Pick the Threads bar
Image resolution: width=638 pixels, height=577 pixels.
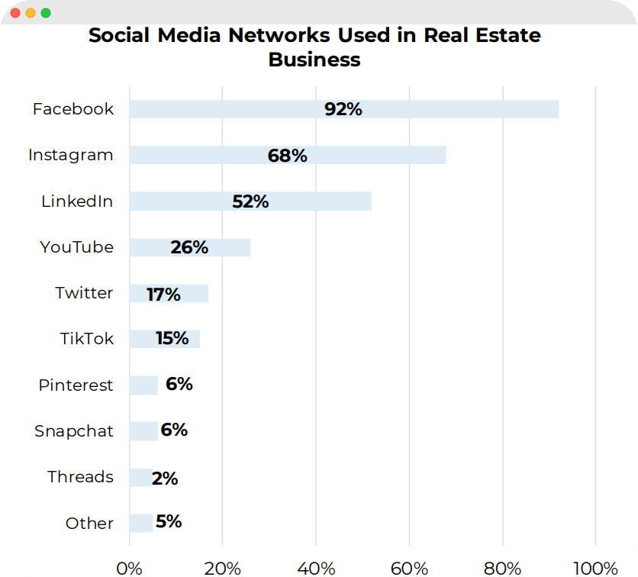(140, 478)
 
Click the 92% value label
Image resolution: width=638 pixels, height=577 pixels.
(343, 109)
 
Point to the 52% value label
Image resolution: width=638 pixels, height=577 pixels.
(250, 201)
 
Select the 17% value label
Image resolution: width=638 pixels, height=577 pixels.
(163, 294)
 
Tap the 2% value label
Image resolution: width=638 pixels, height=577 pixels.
(165, 479)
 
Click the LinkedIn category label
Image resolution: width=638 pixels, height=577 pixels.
(77, 201)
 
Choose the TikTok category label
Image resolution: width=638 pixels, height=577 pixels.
(86, 339)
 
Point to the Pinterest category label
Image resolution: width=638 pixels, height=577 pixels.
(76, 385)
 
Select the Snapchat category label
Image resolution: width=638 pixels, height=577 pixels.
(73, 431)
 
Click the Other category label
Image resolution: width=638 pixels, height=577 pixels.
(89, 524)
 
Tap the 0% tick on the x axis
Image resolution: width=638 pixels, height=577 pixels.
(129, 568)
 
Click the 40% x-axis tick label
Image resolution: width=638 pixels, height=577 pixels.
(316, 568)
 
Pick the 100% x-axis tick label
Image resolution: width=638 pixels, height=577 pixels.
(594, 568)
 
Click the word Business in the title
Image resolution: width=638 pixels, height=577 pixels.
(314, 60)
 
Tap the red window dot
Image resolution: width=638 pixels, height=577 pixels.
(15, 13)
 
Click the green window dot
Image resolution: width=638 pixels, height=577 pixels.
(46, 13)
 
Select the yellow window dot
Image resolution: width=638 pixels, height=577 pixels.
(31, 13)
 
